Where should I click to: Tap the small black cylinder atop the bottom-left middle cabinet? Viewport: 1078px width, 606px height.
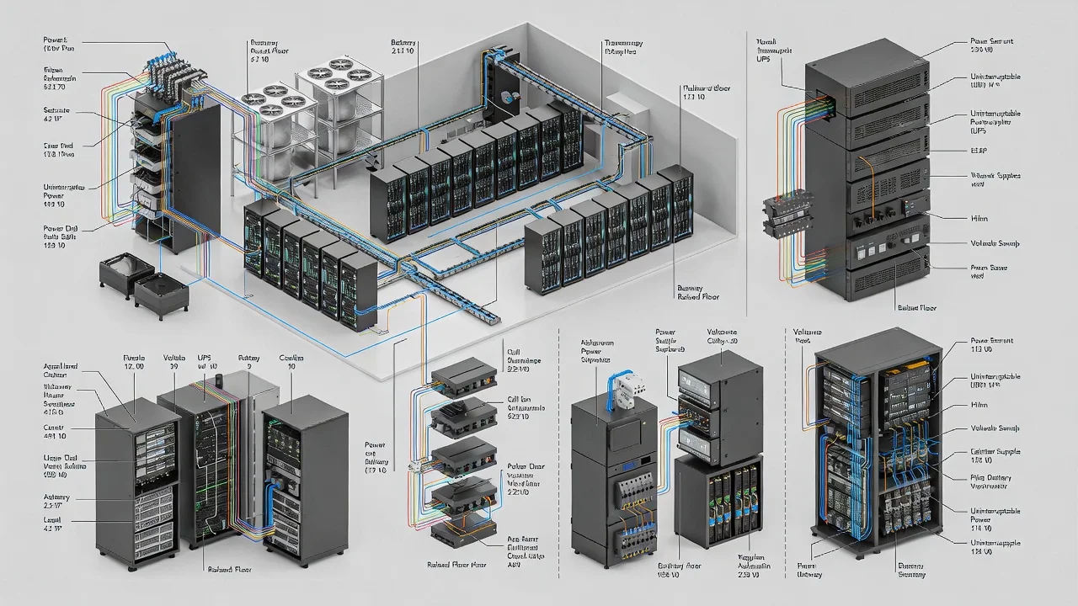216,381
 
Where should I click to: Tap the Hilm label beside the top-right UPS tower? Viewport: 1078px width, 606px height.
979,219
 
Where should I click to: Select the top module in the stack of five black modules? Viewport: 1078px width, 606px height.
462,376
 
